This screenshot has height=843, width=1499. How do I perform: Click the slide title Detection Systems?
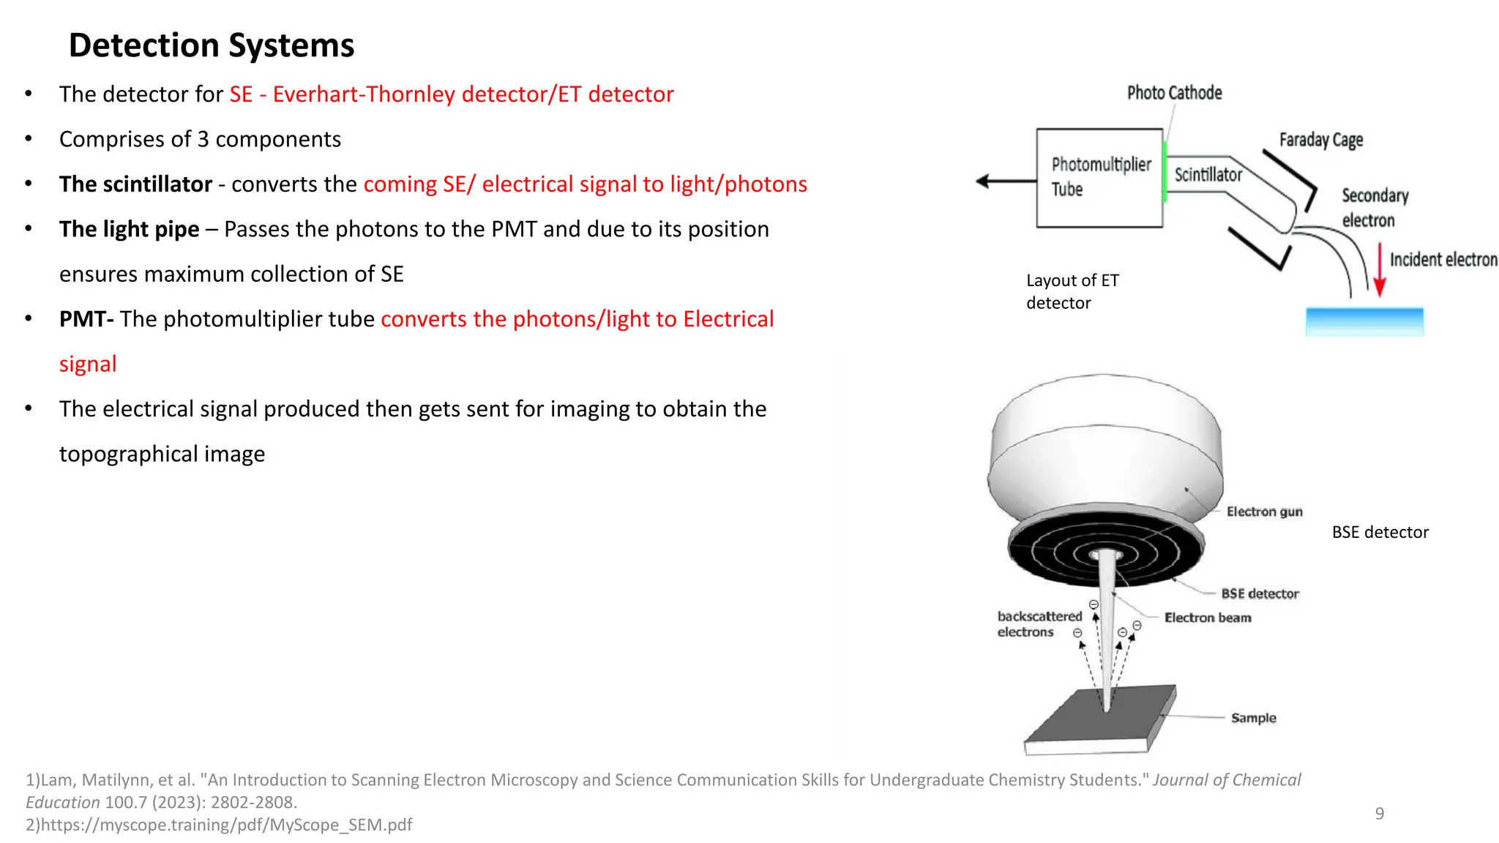pos(212,45)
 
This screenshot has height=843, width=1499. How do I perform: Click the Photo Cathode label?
pos(1174,93)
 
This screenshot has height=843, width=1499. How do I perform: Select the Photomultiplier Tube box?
pos(1099,178)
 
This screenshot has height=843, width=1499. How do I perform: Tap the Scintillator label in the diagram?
pos(1208,175)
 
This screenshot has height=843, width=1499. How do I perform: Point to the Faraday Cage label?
pos(1320,140)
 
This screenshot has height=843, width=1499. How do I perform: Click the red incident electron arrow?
pos(1380,270)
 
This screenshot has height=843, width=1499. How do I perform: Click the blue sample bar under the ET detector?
pos(1364,321)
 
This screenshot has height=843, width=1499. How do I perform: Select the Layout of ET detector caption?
pos(1072,291)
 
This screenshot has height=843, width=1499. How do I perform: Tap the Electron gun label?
pos(1264,512)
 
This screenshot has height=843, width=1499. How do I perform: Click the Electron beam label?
pos(1208,618)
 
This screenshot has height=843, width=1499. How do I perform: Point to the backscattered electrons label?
pos(1039,624)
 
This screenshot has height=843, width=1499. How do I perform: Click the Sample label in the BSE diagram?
pos(1253,718)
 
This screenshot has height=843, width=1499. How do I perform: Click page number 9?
pos(1379,814)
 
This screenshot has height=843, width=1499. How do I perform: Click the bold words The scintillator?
pos(135,184)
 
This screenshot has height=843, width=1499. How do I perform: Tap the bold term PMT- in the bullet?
pos(86,319)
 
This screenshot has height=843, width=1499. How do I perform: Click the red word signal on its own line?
pos(88,364)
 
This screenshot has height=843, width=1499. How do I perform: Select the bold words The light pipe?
pos(129,229)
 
